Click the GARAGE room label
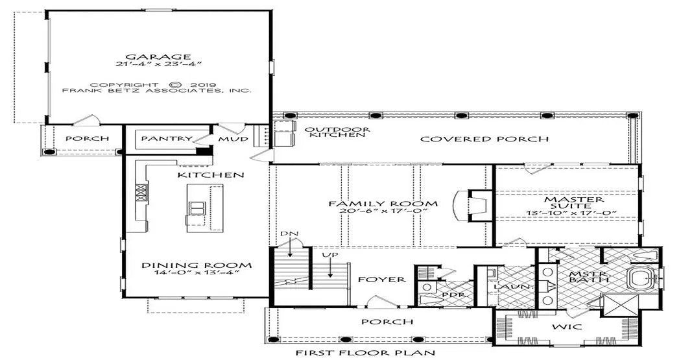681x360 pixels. pos(158,56)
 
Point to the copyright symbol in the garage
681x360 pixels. pos(174,85)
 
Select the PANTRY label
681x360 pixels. pos(167,139)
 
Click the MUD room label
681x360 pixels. pos(233,139)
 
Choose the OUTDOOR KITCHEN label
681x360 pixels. pos(337,132)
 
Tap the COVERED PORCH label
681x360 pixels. pos(484,139)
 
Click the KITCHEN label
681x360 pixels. pos(211,175)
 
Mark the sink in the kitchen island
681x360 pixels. pos(197,208)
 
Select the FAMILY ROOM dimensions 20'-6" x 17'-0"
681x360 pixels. pos(383,211)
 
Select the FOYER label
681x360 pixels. pos(382,279)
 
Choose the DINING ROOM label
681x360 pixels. pos(197,265)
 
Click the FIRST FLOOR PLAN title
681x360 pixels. pos(365,353)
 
